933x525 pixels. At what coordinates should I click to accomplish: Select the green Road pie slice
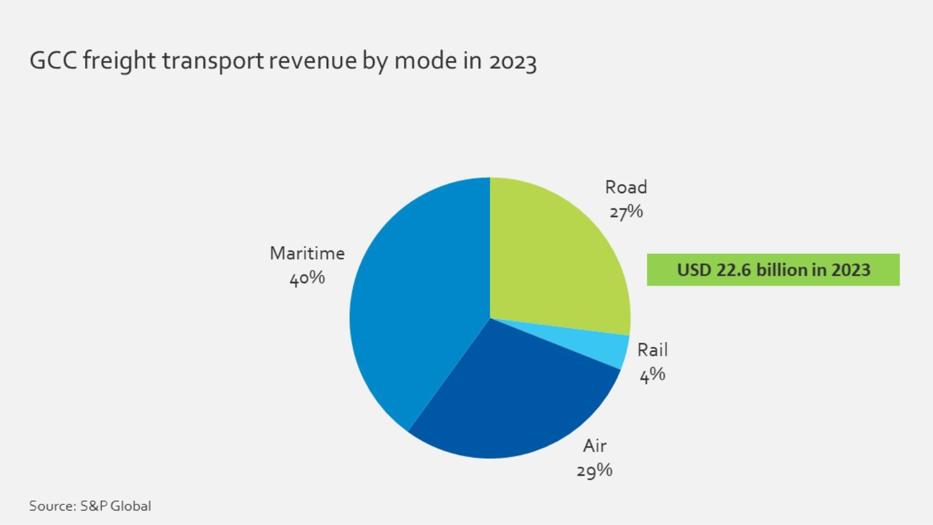[x=553, y=255]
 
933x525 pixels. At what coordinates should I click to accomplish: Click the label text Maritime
[x=307, y=253]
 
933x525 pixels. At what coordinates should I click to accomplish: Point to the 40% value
[x=307, y=278]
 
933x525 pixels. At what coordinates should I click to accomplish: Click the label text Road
[x=626, y=187]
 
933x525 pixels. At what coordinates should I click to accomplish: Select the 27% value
[x=626, y=212]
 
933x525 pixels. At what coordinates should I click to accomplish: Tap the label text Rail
[x=652, y=350]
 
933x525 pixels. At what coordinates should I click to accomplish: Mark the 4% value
[x=652, y=375]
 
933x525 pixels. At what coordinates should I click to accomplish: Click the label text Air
[x=595, y=446]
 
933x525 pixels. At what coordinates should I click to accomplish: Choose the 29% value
[x=594, y=471]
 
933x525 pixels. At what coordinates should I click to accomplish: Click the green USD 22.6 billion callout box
[x=773, y=270]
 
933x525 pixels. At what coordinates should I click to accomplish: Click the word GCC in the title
[x=53, y=61]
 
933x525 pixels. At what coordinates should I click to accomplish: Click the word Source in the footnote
[x=52, y=506]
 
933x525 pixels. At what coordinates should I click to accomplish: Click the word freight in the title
[x=119, y=61]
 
